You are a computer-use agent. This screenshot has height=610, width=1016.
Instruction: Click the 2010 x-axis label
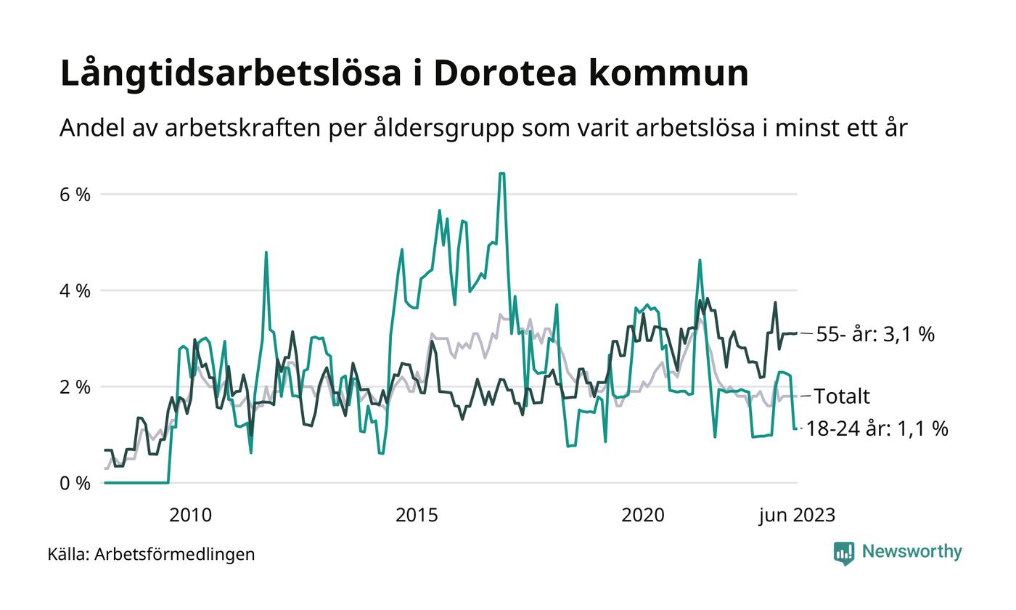(190, 516)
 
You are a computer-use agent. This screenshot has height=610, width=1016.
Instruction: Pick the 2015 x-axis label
(417, 516)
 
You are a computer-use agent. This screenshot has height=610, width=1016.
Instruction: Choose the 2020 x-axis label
(643, 516)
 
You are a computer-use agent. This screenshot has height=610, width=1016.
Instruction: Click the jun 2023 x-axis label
(797, 516)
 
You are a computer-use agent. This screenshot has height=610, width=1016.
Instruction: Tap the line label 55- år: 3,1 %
(875, 335)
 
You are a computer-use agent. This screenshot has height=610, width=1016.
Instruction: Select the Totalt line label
(842, 396)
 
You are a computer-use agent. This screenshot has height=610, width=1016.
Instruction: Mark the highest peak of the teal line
(501, 174)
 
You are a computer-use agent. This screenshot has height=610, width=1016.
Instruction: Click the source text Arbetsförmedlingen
(175, 554)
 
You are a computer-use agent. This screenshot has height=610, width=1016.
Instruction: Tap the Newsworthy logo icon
(844, 553)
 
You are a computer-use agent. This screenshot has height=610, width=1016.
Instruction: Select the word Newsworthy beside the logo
(912, 552)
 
